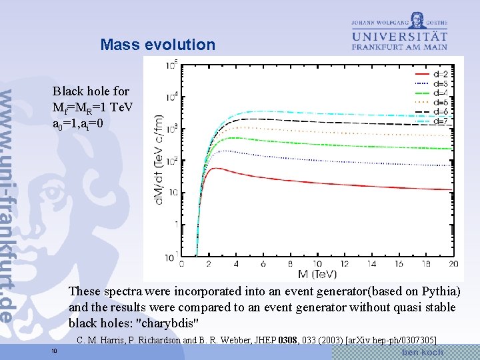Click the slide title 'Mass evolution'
(x=158, y=45)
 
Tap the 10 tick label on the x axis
(x=317, y=264)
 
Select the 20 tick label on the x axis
(x=453, y=264)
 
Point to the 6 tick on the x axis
(x=263, y=264)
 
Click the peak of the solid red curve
(x=214, y=169)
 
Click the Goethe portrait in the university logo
(x=418, y=19)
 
